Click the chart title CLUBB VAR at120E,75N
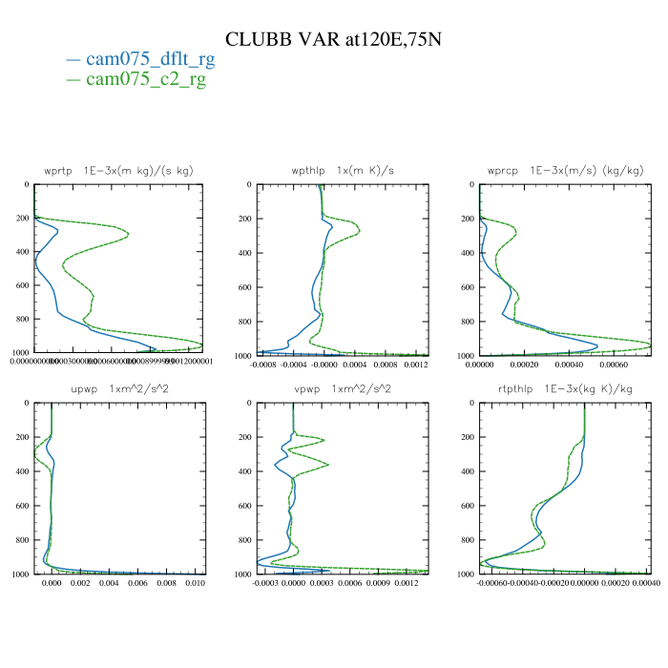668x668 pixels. coord(333,39)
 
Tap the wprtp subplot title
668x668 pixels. coord(118,170)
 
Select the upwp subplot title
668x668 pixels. coord(119,389)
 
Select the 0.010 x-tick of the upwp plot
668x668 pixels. coord(195,583)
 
